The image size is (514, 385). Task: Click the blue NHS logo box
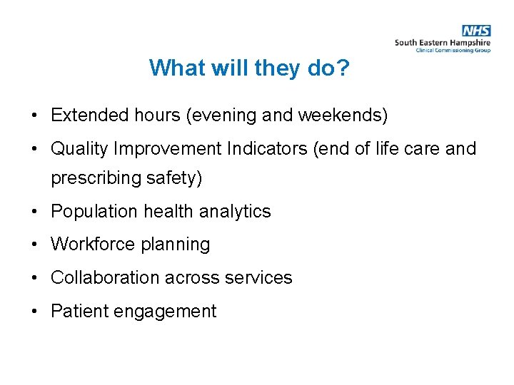tap(476, 31)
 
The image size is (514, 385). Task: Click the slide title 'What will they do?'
tap(249, 68)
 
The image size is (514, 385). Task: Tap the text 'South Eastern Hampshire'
tap(443, 43)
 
